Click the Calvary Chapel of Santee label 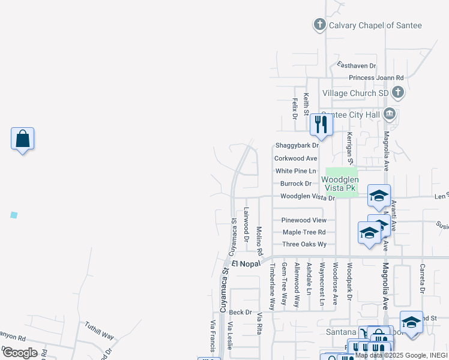point(376,25)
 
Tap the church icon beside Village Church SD point(397,93)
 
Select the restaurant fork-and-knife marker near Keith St point(321,124)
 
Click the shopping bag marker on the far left point(22,139)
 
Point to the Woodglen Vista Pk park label point(340,184)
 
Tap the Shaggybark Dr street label point(297,146)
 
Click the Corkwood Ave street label point(295,158)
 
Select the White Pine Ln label point(295,171)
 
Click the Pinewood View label point(304,220)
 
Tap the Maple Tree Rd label point(304,232)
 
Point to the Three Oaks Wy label point(304,244)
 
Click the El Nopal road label point(246,263)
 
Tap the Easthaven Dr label point(357,65)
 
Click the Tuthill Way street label point(99,329)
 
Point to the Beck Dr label point(240,312)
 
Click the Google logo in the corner point(19,353)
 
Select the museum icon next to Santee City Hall point(390,114)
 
